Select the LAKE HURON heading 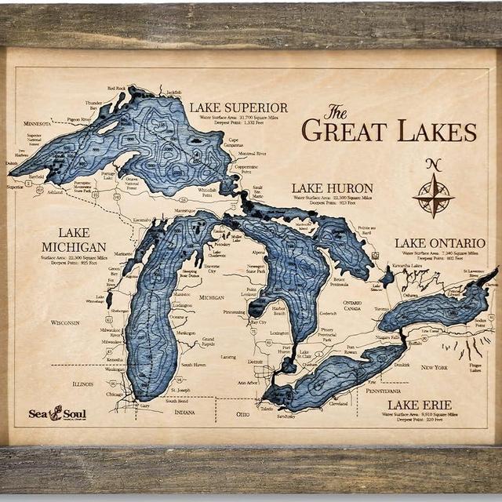click(332, 188)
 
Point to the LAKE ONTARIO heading click(440, 243)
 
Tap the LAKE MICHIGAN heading click(74, 240)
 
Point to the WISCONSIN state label click(65, 322)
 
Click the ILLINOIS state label click(82, 384)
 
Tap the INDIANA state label click(185, 412)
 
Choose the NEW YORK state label click(433, 367)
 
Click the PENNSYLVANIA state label click(384, 390)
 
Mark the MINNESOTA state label click(36, 123)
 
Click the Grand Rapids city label click(208, 341)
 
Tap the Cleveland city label click(338, 404)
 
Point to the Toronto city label click(381, 309)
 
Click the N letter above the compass click(433, 165)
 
